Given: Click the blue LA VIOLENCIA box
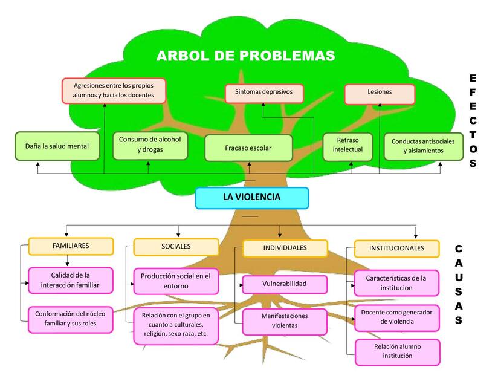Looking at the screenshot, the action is pyautogui.click(x=252, y=198).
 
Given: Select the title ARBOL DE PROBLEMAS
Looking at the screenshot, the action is pyautogui.click(x=246, y=56).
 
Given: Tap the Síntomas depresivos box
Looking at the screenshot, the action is pyautogui.click(x=264, y=93).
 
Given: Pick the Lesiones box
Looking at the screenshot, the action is pyautogui.click(x=380, y=94).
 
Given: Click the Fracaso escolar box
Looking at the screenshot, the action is pyautogui.click(x=248, y=148).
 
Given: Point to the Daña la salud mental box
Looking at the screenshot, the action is pyautogui.click(x=57, y=146).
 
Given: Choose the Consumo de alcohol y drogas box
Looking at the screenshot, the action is pyautogui.click(x=150, y=146).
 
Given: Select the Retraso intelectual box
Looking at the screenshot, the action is pyautogui.click(x=347, y=147).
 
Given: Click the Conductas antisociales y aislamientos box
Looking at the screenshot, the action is pyautogui.click(x=424, y=146).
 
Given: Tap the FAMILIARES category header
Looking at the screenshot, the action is pyautogui.click(x=71, y=246).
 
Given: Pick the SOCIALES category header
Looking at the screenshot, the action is pyautogui.click(x=176, y=247).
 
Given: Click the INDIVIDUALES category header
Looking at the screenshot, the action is pyautogui.click(x=285, y=249).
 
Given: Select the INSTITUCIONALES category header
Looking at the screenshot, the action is pyautogui.click(x=397, y=249).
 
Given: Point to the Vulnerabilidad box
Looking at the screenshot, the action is pyautogui.click(x=285, y=284).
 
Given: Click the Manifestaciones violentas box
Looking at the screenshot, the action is pyautogui.click(x=285, y=322).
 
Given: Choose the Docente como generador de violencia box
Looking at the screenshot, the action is pyautogui.click(x=397, y=317).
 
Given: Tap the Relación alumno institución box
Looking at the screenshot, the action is pyautogui.click(x=398, y=352).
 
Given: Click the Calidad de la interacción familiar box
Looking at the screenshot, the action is pyautogui.click(x=71, y=280).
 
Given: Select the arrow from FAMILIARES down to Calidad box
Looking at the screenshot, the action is pyautogui.click(x=67, y=261).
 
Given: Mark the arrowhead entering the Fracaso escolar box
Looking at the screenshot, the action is pyautogui.click(x=249, y=164).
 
